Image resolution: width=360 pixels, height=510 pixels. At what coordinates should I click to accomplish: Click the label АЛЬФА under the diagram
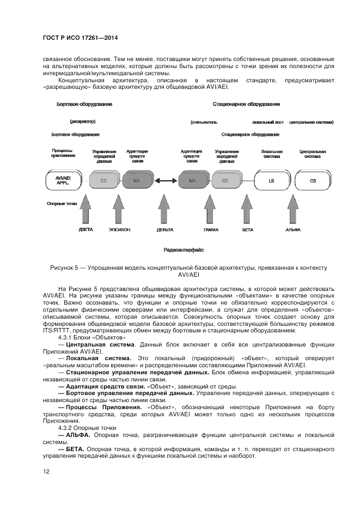coord(293,230)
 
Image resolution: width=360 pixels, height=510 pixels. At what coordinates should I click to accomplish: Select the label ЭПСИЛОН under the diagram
coord(119,230)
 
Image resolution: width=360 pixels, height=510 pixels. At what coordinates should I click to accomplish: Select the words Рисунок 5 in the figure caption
coord(64,268)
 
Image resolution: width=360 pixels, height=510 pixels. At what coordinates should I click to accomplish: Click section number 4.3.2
coord(73,428)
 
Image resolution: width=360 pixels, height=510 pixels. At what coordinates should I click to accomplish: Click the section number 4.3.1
coord(73,338)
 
